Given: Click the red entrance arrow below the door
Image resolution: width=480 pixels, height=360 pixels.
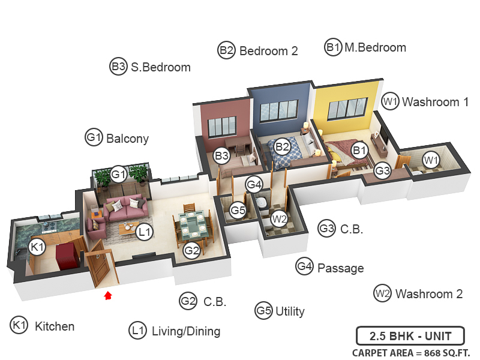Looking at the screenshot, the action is (x=108, y=295).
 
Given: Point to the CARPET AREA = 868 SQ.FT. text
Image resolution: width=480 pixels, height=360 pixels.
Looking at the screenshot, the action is (x=411, y=353).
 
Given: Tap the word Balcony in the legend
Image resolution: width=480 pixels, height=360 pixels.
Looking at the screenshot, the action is (x=127, y=139).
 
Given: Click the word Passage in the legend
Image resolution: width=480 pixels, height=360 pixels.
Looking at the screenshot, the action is (x=340, y=268).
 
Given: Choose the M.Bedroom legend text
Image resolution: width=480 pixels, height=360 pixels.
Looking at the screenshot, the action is (x=375, y=47).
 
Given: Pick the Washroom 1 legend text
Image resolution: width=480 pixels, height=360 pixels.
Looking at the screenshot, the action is (x=435, y=102).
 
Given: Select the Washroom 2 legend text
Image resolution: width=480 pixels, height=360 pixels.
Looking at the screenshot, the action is (x=429, y=294).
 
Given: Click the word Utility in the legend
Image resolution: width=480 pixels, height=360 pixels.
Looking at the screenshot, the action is (x=289, y=311).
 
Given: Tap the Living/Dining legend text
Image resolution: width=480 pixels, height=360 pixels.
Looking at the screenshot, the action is (x=186, y=331).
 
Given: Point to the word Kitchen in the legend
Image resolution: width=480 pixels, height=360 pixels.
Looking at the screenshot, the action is (x=55, y=326).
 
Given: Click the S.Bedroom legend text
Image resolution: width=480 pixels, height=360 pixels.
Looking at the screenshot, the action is (x=161, y=67).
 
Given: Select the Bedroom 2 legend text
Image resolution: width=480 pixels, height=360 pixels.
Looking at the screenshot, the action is (x=268, y=51).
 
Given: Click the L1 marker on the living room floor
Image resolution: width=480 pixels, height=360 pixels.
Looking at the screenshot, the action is (x=144, y=232).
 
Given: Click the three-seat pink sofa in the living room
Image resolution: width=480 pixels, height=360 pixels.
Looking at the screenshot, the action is (x=127, y=208).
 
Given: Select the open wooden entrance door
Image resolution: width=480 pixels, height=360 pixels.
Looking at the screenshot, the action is (x=102, y=267).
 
